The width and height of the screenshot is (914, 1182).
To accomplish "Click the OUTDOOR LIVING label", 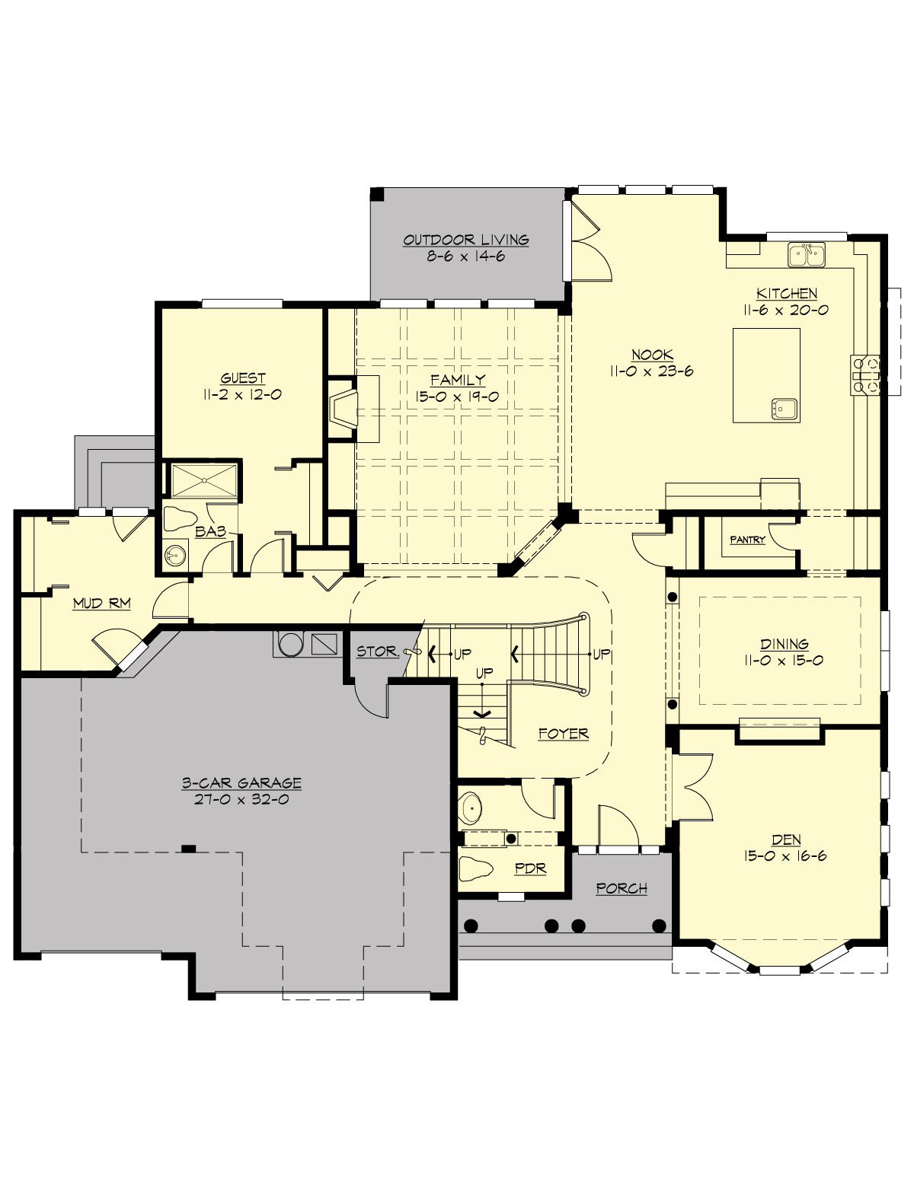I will pos(465,240).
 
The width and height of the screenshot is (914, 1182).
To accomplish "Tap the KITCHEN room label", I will pos(787,293).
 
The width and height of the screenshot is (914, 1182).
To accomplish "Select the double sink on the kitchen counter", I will pos(807,255).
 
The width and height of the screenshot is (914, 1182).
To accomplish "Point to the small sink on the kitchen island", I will pos(784,409).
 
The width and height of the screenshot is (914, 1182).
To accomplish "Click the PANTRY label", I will pos(747,540).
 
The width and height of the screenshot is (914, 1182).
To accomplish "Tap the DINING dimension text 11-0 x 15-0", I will pos(784,660).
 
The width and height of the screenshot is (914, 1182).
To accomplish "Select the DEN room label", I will pos(786,840).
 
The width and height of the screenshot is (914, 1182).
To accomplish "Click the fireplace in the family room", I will pos(342,408).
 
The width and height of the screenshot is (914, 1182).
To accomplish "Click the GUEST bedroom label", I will pos(243,378).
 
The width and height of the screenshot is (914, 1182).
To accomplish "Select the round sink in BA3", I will pos(175,555).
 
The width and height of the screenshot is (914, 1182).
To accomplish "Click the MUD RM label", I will pos(101,604).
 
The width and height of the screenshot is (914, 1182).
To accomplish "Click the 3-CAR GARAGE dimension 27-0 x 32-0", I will pos(241,799).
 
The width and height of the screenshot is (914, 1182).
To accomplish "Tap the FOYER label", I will pos(563,734).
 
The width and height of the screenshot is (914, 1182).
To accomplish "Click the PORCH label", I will pos(622,888).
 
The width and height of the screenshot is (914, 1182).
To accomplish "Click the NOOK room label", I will pos(651,355).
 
